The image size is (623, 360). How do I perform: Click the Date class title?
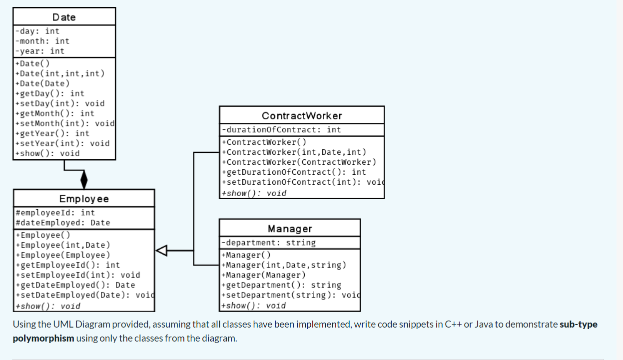tap(64, 17)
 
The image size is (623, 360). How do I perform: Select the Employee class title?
tap(83, 199)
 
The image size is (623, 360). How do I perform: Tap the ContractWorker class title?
tap(302, 116)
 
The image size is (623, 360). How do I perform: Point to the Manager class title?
tap(290, 229)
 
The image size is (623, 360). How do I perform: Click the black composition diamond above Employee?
tap(84, 179)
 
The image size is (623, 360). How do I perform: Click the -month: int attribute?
tap(42, 41)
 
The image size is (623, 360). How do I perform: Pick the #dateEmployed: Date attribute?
tap(63, 223)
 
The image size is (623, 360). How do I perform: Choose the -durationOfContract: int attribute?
tap(281, 130)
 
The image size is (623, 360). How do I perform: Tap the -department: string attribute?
tap(268, 243)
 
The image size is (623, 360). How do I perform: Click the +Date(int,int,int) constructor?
tap(60, 73)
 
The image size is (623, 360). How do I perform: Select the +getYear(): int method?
tap(52, 133)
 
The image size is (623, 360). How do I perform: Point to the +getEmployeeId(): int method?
tap(68, 265)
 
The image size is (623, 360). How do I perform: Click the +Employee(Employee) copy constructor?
tap(63, 255)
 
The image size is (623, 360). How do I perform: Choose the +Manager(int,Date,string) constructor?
tap(283, 265)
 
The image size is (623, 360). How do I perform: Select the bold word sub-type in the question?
tap(579, 325)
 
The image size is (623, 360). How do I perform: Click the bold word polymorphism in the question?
tap(43, 339)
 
